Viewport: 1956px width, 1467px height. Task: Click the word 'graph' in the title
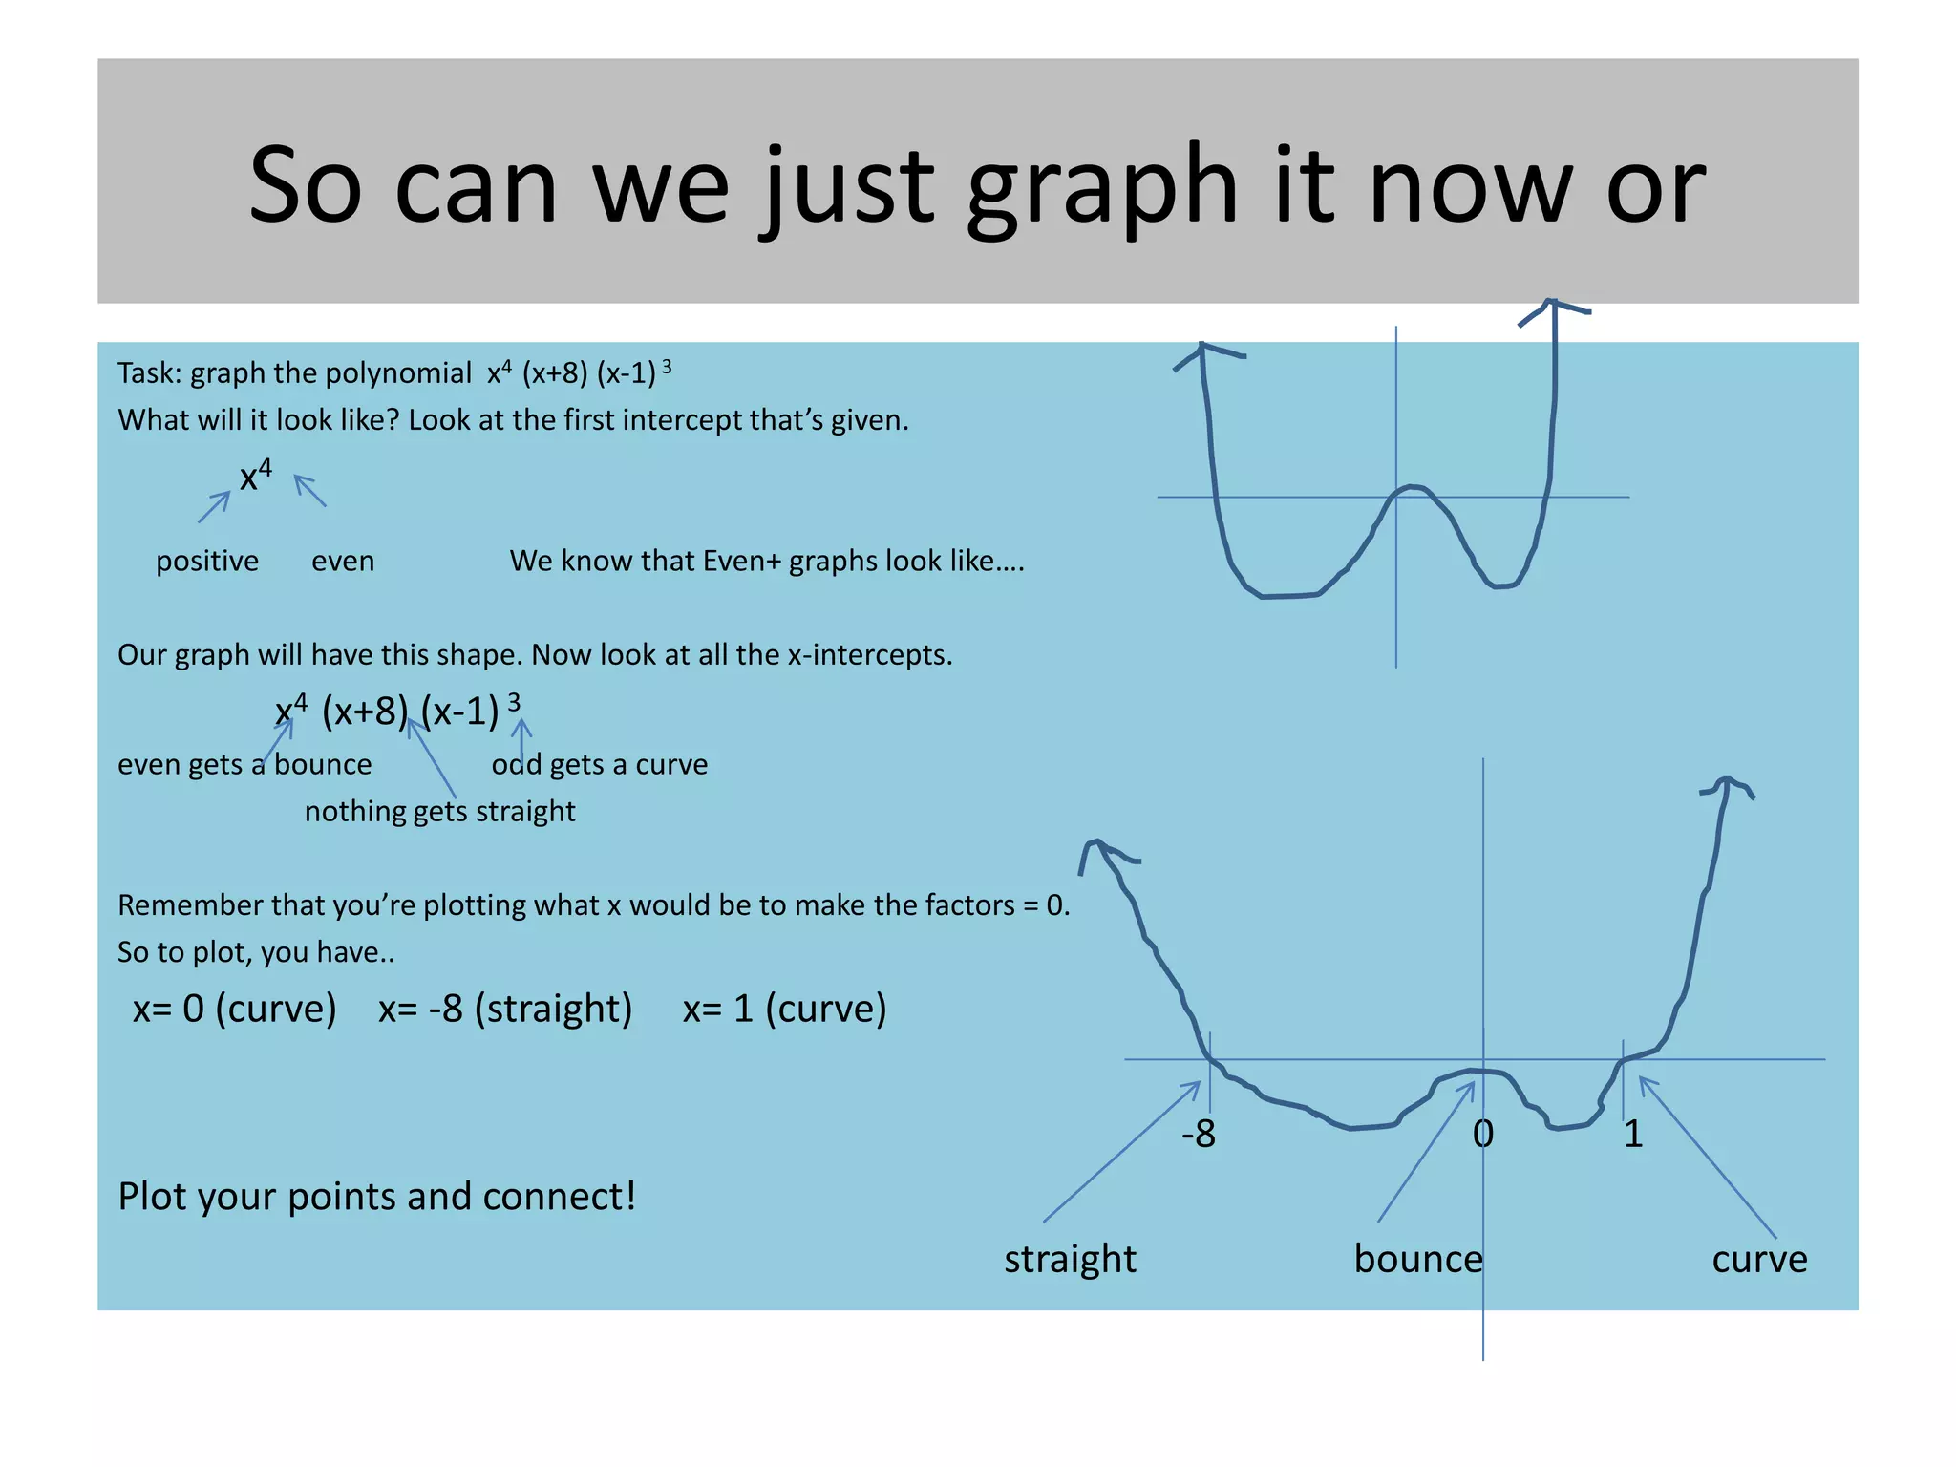1101,188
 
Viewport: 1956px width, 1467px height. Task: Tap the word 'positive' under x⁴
207,561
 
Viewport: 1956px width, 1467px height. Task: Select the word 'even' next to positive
343,561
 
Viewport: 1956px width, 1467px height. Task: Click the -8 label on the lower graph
1199,1134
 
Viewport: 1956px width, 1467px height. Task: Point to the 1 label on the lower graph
1633,1134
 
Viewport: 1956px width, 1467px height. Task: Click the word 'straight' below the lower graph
1070,1260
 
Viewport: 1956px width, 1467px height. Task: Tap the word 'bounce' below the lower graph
1418,1260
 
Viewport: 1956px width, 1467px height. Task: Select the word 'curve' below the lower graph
1759,1260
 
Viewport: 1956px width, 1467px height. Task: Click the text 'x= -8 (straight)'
505,1009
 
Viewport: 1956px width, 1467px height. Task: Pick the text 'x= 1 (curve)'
784,1009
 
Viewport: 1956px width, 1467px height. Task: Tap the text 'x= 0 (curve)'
234,1009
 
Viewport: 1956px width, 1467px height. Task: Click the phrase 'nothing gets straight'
439,812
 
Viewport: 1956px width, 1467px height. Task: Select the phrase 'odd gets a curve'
600,765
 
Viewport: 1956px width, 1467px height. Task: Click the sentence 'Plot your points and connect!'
377,1197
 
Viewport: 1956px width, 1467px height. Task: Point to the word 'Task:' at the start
150,372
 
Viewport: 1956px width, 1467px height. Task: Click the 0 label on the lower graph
1482,1134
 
